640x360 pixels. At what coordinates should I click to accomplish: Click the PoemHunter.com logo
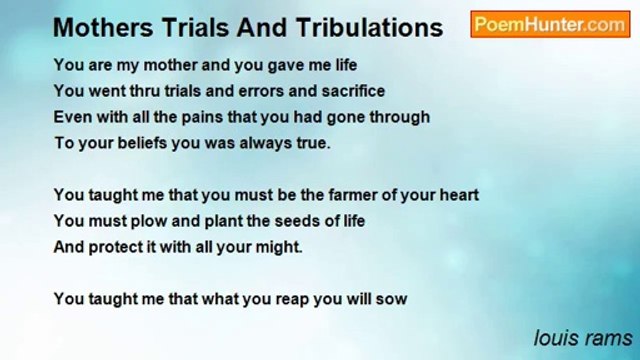pos(551,25)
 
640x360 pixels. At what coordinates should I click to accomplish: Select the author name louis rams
pos(581,337)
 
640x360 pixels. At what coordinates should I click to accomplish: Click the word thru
pos(139,90)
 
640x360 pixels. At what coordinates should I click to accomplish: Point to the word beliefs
pos(143,142)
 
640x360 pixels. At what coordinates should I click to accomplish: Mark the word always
pos(262,142)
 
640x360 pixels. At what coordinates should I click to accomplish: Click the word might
pos(278,246)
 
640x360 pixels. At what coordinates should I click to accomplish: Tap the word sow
pos(392,298)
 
